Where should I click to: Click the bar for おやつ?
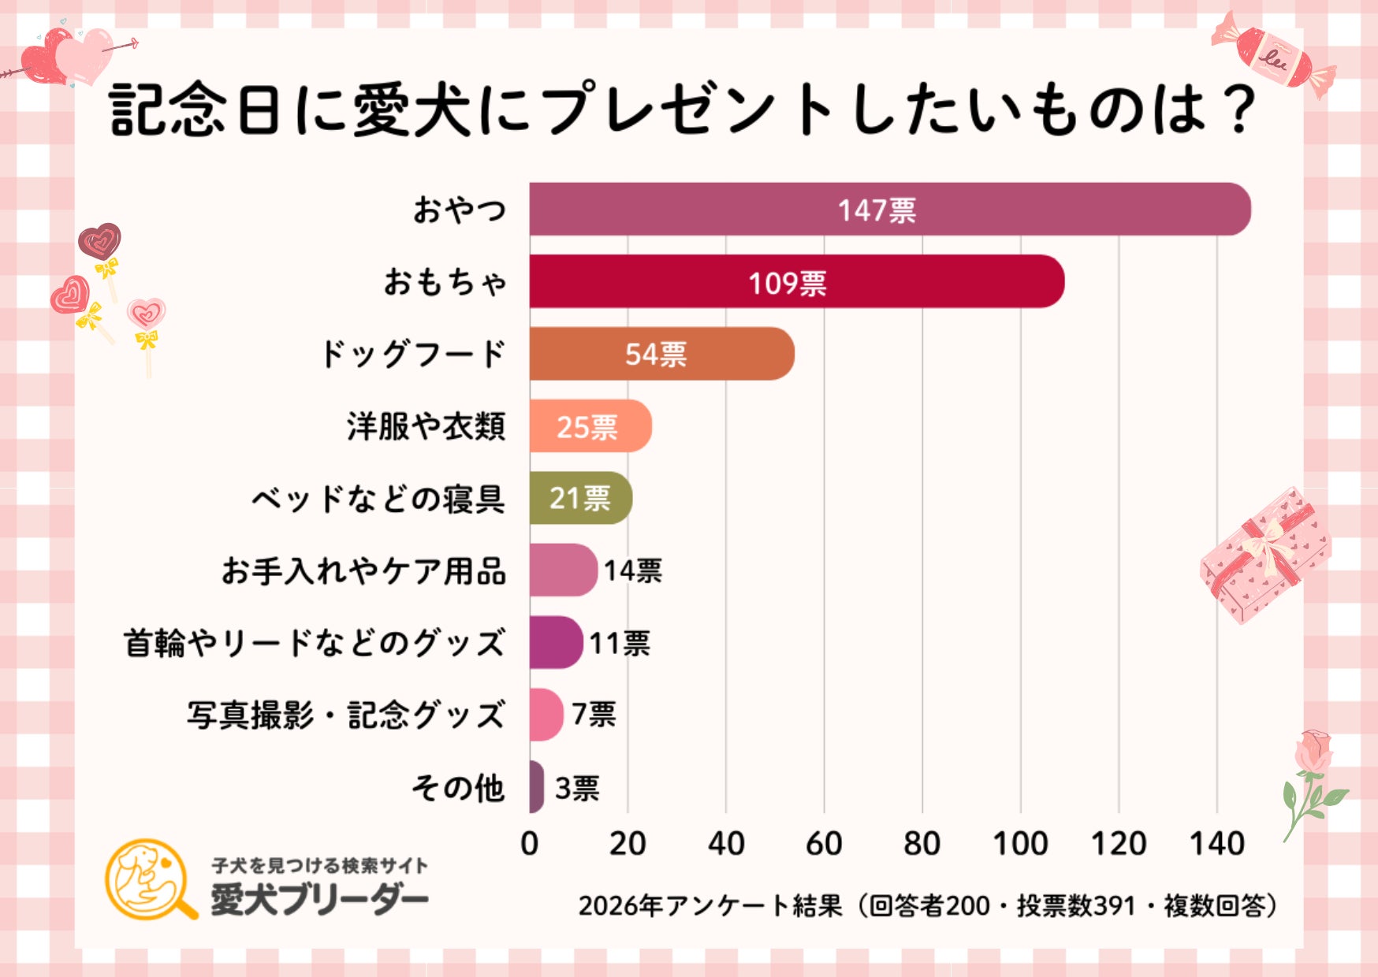(x=889, y=210)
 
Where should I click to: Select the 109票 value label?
(x=787, y=283)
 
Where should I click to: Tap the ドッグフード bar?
(x=661, y=354)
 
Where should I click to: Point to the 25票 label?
(x=587, y=427)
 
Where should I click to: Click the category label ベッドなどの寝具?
(x=378, y=499)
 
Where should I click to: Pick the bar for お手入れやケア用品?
(x=562, y=570)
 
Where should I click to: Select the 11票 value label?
(x=620, y=644)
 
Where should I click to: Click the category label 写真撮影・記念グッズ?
(x=345, y=715)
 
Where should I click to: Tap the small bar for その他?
(x=536, y=787)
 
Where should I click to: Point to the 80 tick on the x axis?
(x=922, y=844)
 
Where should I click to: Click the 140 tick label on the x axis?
(x=1216, y=844)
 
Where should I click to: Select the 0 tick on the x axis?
(x=530, y=844)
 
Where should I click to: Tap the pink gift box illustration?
(x=1264, y=555)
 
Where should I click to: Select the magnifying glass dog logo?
(x=150, y=879)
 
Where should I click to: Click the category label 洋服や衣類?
(x=426, y=426)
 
